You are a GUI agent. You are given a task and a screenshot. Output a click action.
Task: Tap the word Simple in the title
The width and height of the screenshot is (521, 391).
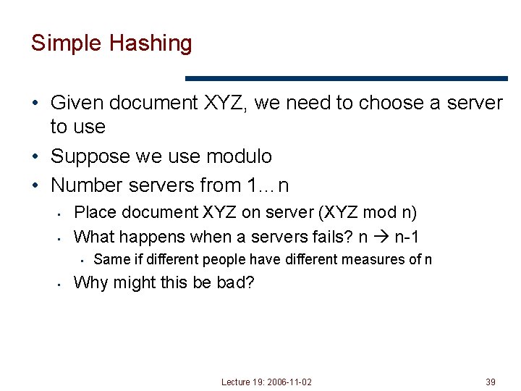67,43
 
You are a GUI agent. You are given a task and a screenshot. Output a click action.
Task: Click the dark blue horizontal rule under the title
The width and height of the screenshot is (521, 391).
347,78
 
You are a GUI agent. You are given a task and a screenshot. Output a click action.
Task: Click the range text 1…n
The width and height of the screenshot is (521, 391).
268,185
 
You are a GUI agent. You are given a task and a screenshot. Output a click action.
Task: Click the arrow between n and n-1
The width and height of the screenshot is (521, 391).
381,236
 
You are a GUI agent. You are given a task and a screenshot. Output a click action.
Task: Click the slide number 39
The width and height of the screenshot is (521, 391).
491,382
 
